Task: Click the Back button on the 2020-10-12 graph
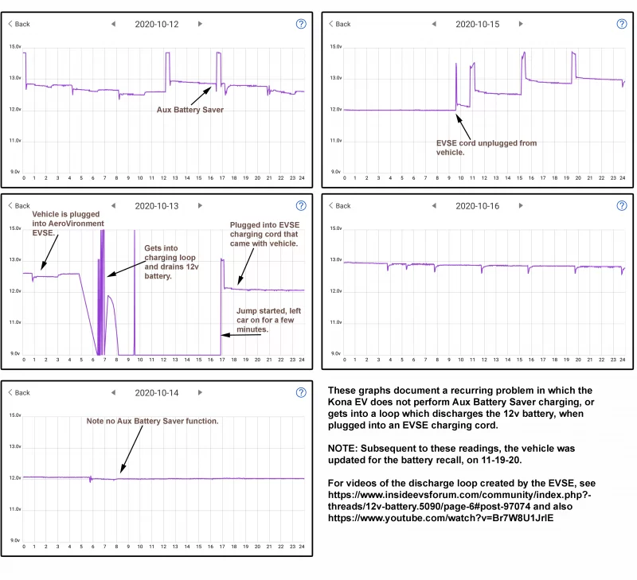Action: point(19,24)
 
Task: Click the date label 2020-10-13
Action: point(156,205)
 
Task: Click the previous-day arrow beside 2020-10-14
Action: point(113,392)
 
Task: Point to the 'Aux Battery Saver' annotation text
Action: point(190,110)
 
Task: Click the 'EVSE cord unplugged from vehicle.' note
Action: point(486,148)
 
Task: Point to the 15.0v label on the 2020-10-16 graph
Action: point(337,228)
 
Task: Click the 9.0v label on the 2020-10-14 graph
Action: point(15,540)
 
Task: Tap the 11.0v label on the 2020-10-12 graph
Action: point(15,140)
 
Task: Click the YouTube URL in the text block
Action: point(440,518)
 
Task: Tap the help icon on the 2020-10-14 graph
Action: point(301,392)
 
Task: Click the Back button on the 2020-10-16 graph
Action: point(339,205)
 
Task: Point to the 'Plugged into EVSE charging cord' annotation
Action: point(264,235)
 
